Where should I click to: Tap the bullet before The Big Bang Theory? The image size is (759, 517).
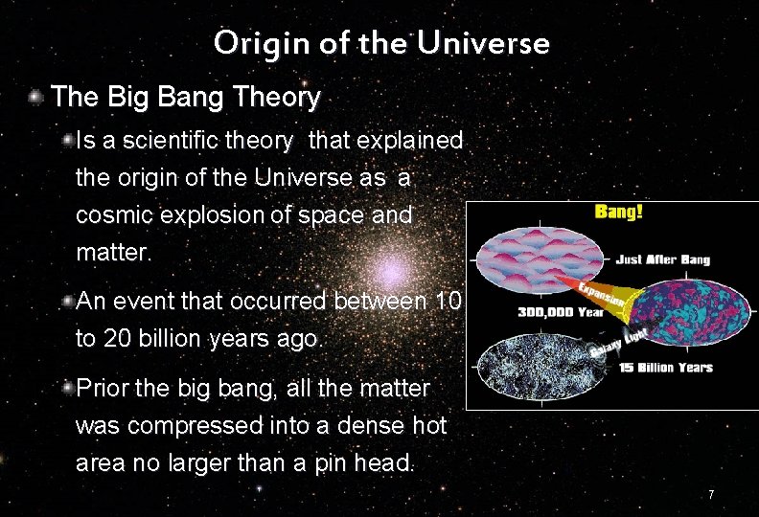35,97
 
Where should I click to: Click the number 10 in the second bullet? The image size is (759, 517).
448,302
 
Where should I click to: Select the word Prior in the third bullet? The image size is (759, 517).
103,388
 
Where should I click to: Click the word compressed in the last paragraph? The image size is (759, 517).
188,425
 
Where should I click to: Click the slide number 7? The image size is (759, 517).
710,494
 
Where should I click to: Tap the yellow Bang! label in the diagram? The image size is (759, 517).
619,211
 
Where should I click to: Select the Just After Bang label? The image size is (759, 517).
663,258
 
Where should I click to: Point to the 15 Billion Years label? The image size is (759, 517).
666,368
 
